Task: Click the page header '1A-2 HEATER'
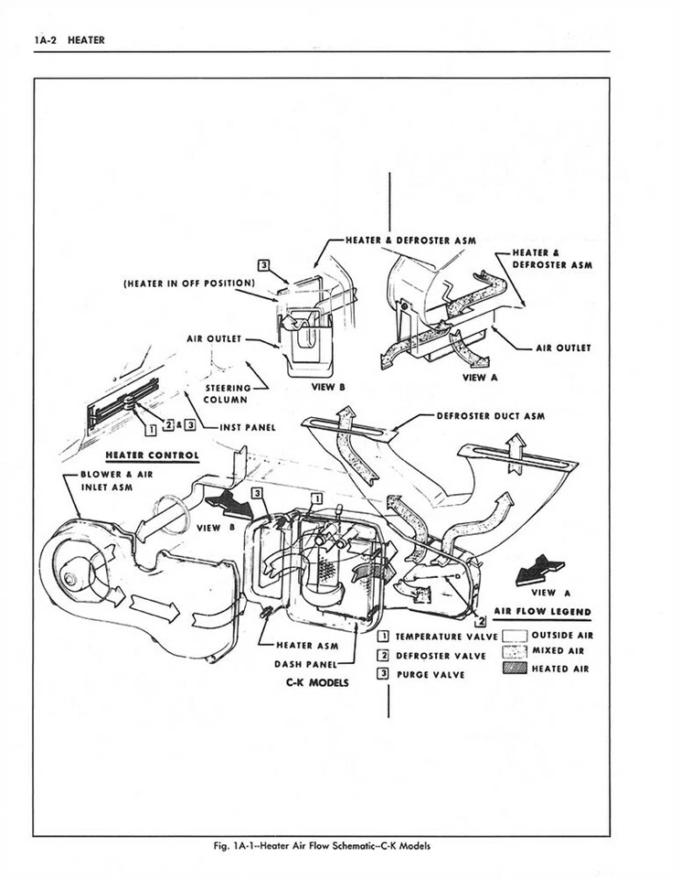(69, 39)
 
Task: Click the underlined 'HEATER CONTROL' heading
(153, 455)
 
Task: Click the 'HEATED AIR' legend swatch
(516, 669)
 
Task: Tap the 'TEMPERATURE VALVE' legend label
(446, 636)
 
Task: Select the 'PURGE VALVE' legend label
(430, 675)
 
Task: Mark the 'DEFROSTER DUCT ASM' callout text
(490, 416)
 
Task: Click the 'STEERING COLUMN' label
(225, 394)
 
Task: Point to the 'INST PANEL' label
(247, 427)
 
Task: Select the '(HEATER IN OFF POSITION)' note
(188, 283)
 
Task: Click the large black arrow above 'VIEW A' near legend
(538, 571)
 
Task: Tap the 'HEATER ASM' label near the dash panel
(307, 645)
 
